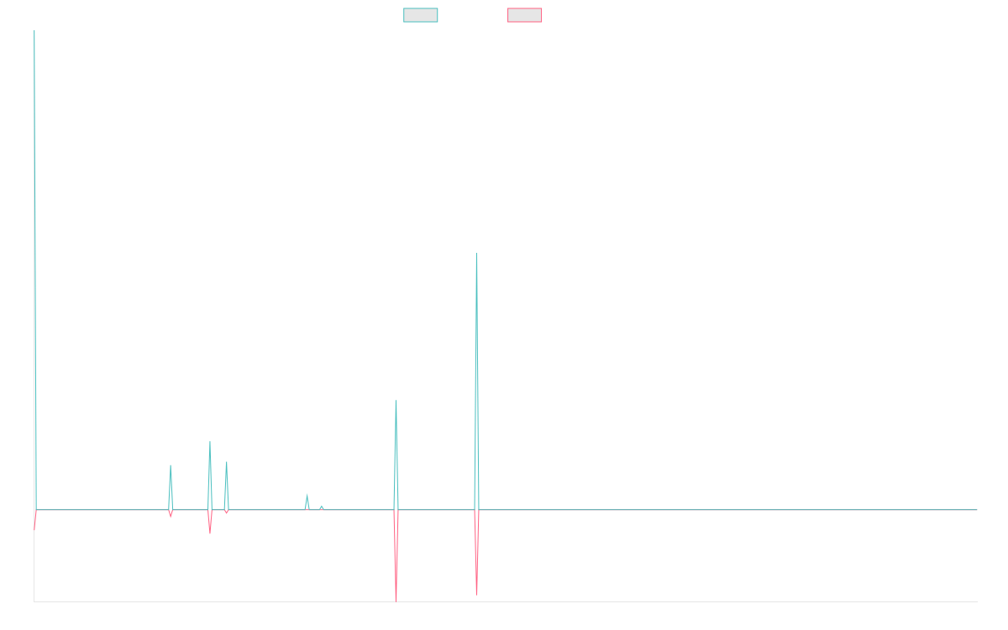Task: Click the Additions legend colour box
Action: [420, 15]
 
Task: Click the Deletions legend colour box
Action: [524, 15]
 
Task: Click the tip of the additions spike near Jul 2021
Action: [476, 254]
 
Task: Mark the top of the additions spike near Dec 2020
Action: [396, 401]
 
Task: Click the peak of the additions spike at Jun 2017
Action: [34, 189]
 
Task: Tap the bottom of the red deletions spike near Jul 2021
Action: [476, 595]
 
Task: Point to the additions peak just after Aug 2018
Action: [171, 465]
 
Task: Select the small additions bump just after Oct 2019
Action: [307, 495]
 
